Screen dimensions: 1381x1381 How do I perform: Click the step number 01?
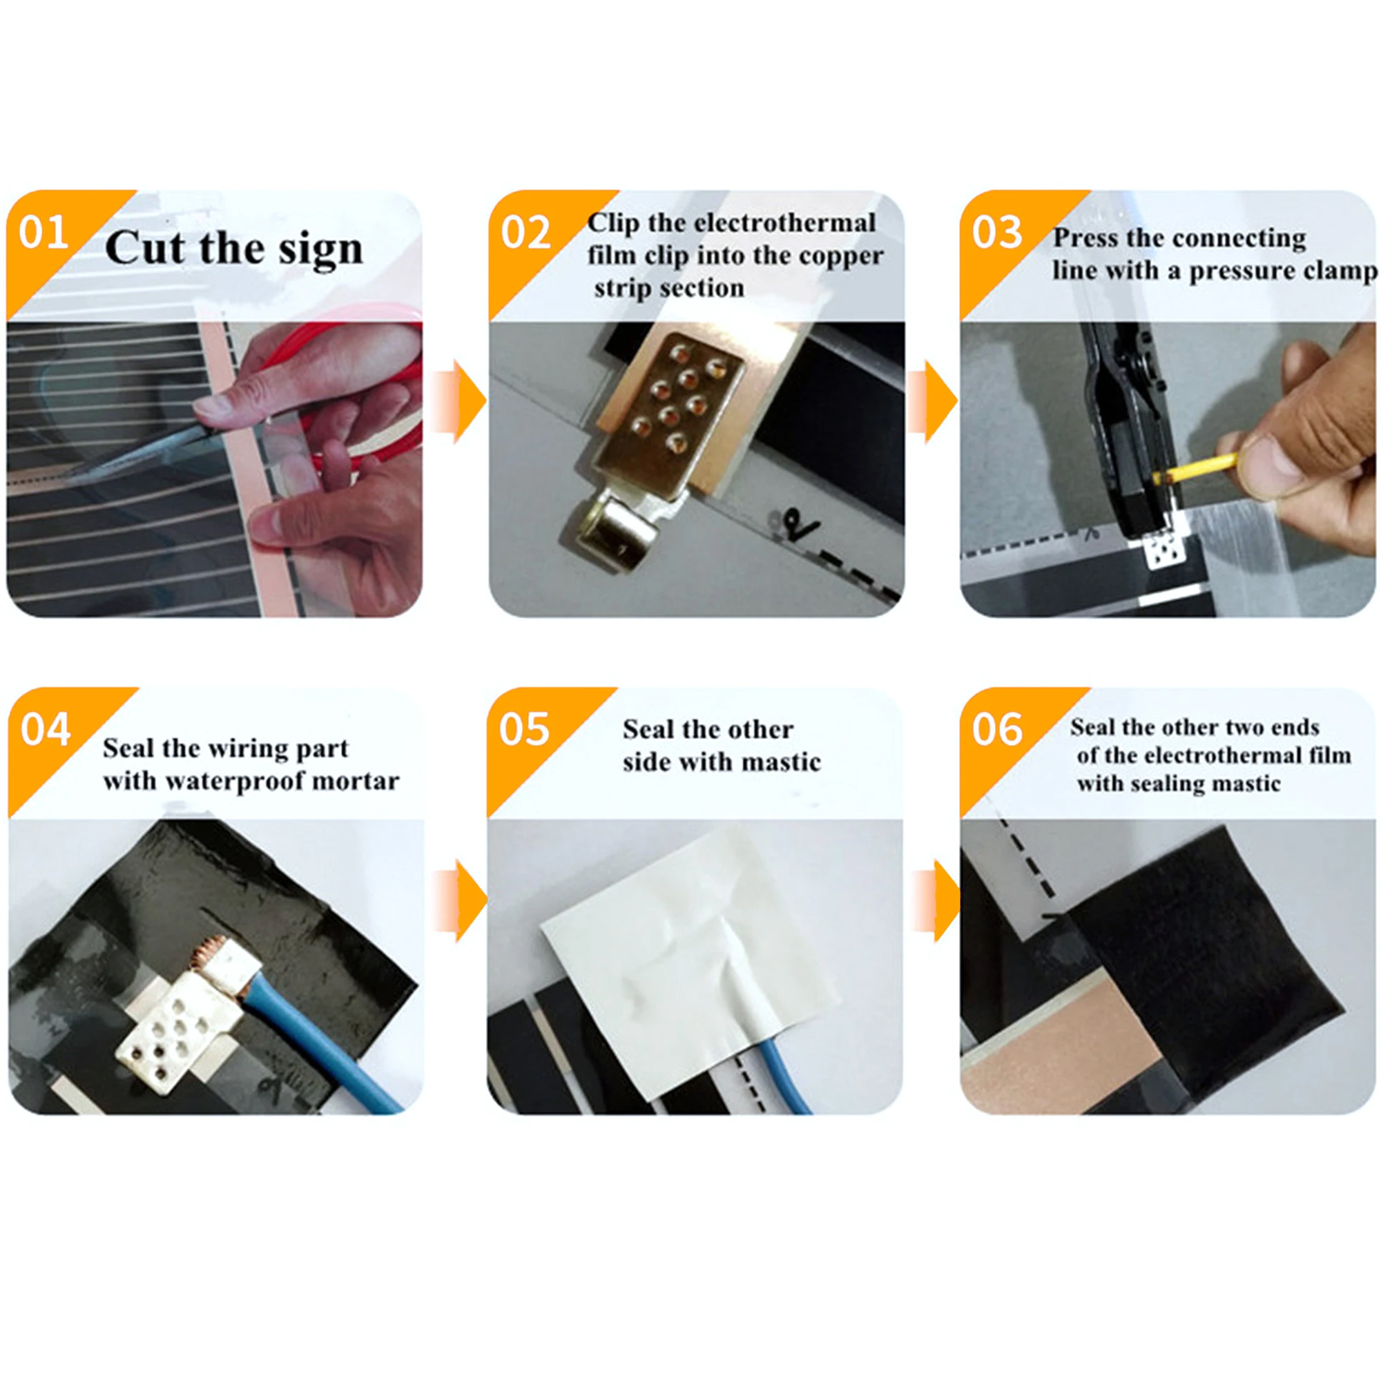coord(44,232)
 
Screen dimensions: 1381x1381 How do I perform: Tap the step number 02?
coord(525,232)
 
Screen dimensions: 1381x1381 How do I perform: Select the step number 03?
coord(997,232)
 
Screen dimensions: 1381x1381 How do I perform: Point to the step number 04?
coord(46,730)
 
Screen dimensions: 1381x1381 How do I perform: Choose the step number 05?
coord(524,730)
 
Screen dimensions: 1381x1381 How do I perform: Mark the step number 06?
coord(997,730)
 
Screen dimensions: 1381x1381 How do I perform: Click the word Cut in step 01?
coord(146,247)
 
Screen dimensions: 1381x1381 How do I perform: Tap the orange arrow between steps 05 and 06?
coord(937,900)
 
